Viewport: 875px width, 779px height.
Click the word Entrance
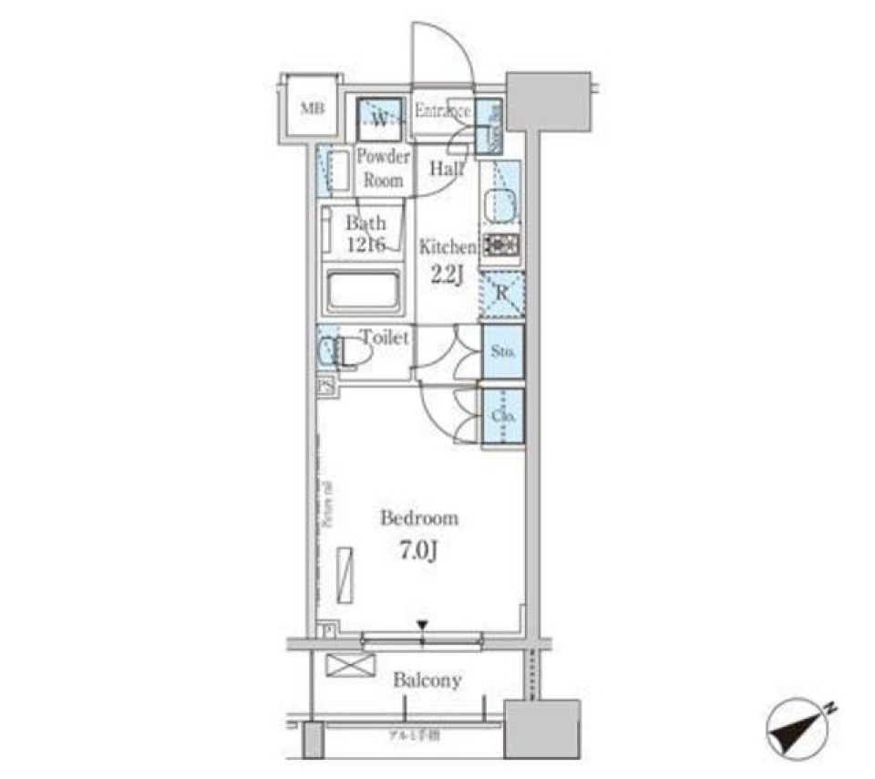(442, 111)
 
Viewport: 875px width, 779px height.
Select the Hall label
(446, 169)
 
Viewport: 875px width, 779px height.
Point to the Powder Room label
(383, 167)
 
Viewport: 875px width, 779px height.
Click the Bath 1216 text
(366, 233)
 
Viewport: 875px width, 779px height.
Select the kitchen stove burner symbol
(500, 244)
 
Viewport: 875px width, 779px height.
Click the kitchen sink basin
(499, 203)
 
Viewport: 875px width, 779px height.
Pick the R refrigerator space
(501, 293)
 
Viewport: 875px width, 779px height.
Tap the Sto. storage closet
(503, 351)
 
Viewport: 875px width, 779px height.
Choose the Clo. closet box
(503, 416)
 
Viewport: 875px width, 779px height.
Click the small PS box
(324, 387)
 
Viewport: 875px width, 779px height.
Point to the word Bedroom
(418, 519)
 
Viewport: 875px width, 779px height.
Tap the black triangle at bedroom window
(422, 625)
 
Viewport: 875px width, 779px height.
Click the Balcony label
(427, 680)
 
